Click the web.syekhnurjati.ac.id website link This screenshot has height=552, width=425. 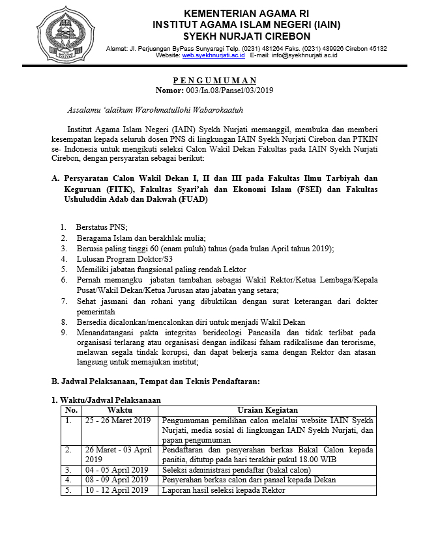tap(213, 56)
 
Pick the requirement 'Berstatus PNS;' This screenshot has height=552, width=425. tap(102, 227)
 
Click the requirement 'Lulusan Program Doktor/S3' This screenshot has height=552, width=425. tap(115, 258)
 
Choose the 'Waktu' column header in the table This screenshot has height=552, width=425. tap(120, 410)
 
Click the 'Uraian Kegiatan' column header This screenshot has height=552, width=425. tap(268, 410)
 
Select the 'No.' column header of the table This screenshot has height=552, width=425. tap(71, 410)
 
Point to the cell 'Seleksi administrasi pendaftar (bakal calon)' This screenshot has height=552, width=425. tap(237, 469)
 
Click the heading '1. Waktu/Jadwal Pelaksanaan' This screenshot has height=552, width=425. tap(106, 400)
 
